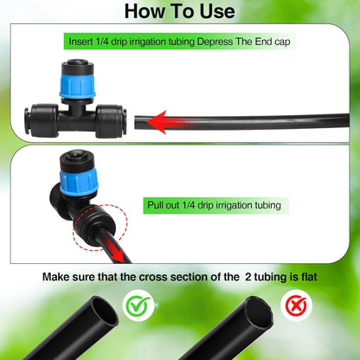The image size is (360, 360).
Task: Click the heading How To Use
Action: [x=179, y=11]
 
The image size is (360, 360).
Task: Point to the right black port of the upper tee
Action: [x=110, y=122]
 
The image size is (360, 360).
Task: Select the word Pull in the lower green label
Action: [x=157, y=206]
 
